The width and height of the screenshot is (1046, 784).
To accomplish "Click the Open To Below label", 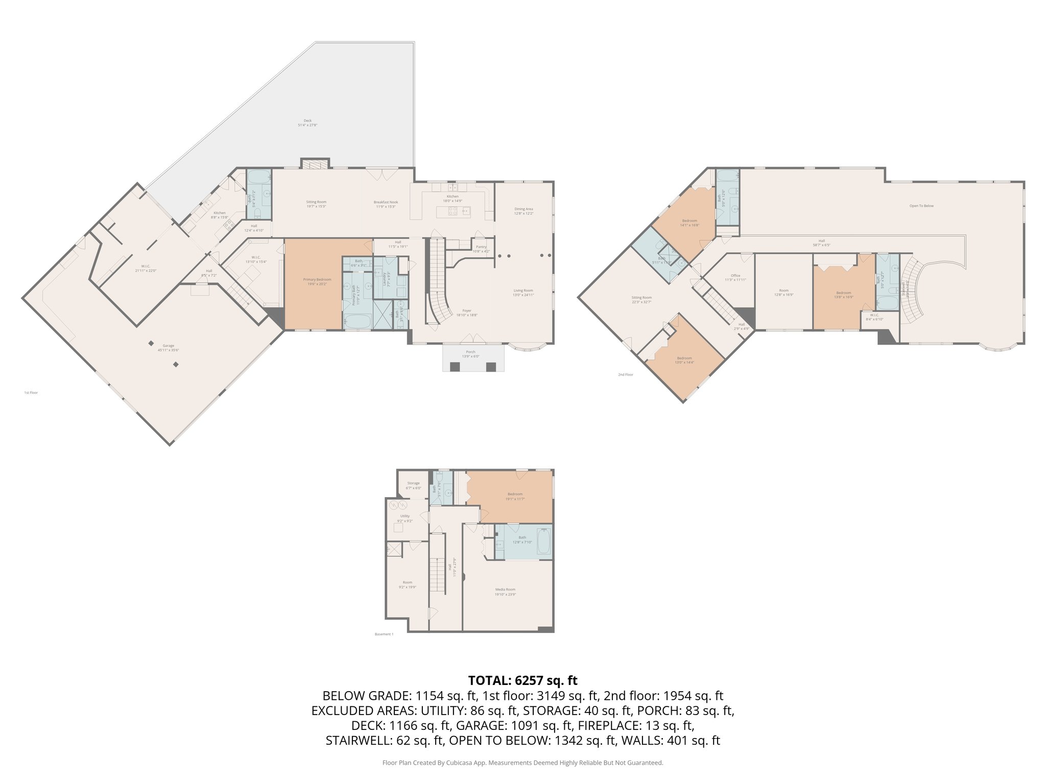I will (921, 206).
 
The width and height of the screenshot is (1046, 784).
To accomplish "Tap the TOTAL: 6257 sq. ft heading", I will (522, 680).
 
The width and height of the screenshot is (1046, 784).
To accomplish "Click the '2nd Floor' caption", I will (625, 375).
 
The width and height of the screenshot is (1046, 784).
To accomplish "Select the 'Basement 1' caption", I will (384, 634).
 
